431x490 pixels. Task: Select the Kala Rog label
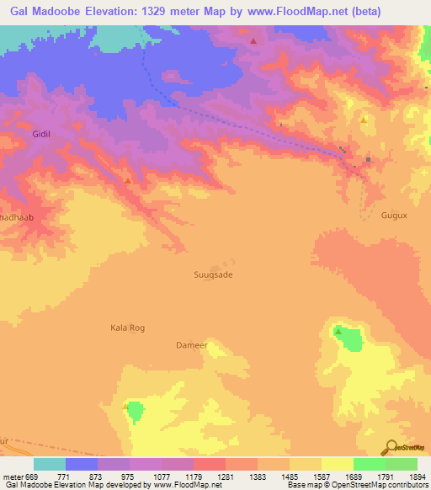click(128, 328)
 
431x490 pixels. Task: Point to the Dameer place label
click(191, 344)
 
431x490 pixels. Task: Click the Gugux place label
click(394, 216)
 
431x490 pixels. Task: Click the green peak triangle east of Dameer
click(338, 332)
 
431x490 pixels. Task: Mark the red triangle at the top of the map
click(253, 40)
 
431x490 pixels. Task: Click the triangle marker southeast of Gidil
click(127, 181)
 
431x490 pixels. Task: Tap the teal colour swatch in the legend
click(50, 464)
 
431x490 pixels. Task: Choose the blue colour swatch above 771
click(82, 464)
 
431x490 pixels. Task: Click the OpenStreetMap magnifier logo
click(390, 447)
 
